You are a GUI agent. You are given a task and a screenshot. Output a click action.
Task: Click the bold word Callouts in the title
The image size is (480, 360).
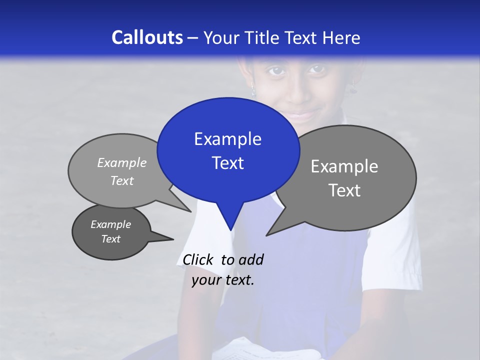(x=147, y=37)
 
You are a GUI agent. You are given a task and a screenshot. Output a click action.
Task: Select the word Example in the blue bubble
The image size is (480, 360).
(x=227, y=139)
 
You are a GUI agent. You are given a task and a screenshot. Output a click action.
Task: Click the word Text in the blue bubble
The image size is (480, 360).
(x=227, y=163)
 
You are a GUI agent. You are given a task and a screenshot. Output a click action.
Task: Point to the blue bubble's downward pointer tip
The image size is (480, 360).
(x=230, y=230)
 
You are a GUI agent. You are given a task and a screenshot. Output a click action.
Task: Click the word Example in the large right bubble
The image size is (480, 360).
(x=344, y=166)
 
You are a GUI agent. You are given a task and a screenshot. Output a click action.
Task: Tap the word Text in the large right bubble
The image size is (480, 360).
(x=344, y=190)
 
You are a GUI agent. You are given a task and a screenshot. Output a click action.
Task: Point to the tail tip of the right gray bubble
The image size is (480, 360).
(x=267, y=235)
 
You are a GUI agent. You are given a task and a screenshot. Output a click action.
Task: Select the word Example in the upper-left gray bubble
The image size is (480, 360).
(x=122, y=162)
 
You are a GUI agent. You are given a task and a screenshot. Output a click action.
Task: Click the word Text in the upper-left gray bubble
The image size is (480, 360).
(x=122, y=180)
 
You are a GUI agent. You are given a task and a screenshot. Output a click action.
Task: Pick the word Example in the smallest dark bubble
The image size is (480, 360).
(x=110, y=224)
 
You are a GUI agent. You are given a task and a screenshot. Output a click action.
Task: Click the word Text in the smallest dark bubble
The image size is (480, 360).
(x=110, y=239)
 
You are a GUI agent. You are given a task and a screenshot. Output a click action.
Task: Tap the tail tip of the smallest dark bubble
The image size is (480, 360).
(x=173, y=239)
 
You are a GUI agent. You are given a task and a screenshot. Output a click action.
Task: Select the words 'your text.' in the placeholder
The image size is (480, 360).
(x=222, y=280)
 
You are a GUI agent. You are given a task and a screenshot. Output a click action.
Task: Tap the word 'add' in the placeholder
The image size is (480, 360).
(x=250, y=259)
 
